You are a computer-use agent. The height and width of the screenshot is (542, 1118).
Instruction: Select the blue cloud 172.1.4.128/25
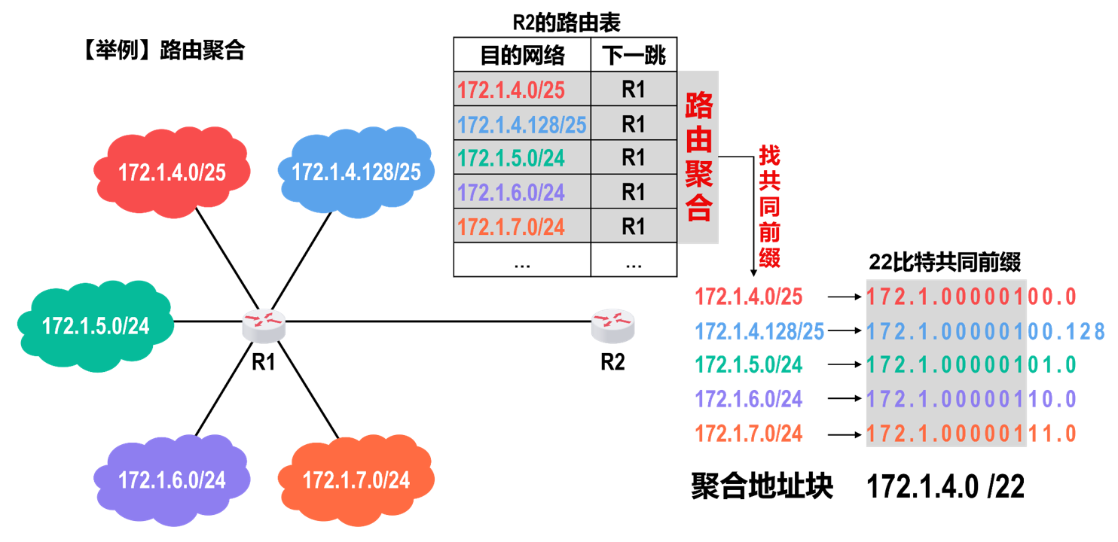click(356, 172)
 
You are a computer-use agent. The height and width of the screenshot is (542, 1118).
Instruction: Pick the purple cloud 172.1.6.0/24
click(172, 479)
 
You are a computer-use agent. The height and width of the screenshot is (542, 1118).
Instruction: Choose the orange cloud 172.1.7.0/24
click(356, 480)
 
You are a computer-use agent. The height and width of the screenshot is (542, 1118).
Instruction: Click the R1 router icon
click(264, 324)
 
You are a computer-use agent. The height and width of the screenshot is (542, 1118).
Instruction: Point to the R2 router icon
click(612, 324)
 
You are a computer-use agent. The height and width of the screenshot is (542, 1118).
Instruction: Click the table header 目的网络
click(522, 56)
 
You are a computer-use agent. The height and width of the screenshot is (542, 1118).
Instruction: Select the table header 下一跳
click(634, 56)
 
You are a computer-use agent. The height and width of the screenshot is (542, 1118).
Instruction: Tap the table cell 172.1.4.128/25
click(522, 124)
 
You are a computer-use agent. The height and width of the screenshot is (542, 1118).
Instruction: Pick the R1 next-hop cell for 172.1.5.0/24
click(634, 158)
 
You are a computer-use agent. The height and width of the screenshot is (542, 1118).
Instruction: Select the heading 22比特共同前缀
click(945, 263)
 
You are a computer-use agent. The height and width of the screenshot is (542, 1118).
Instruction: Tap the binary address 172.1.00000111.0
click(971, 434)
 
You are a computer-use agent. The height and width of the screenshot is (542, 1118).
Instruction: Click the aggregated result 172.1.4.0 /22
click(945, 487)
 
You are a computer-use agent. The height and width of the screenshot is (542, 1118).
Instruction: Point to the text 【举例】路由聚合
click(160, 50)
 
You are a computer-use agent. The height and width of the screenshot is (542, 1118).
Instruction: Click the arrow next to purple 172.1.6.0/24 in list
click(844, 400)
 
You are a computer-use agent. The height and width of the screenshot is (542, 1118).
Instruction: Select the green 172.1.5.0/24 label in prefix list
click(749, 365)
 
